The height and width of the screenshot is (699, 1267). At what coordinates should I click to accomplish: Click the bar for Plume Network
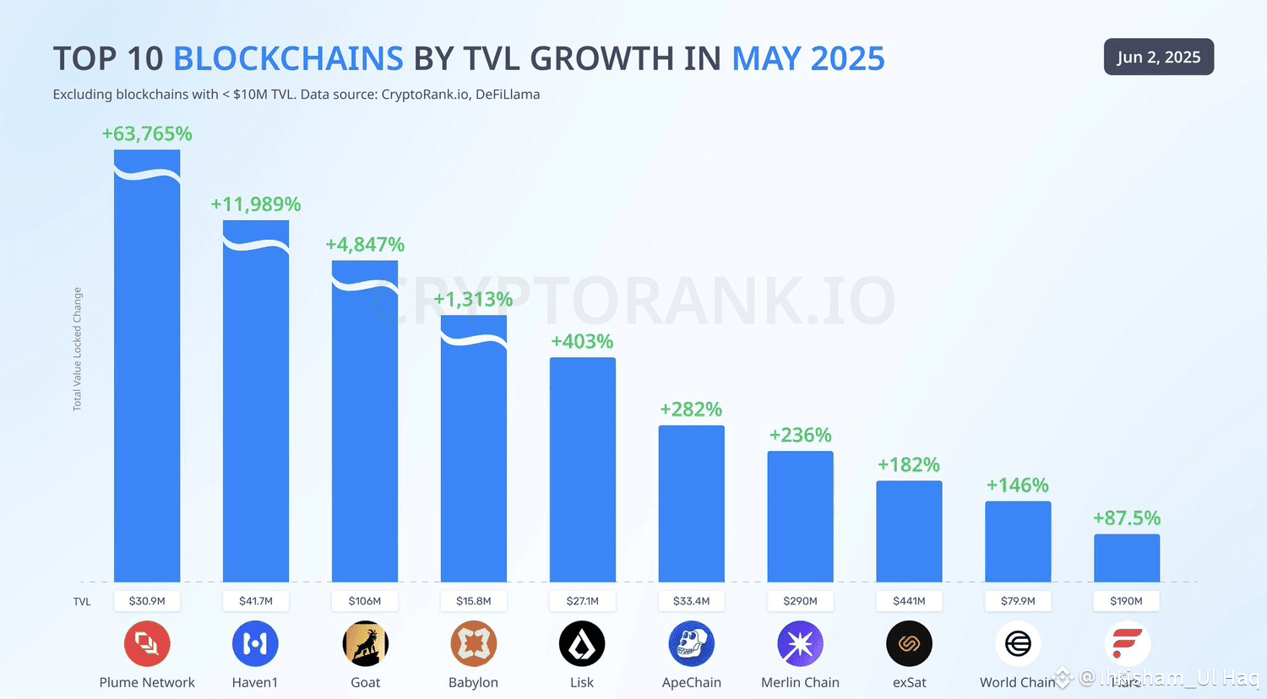click(147, 371)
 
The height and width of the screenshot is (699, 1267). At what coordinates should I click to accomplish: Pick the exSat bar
click(909, 531)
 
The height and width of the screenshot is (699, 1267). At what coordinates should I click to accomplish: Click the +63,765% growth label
click(147, 133)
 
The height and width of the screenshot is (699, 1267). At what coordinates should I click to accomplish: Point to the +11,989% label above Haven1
click(255, 204)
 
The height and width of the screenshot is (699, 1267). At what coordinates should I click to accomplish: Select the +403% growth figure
click(582, 342)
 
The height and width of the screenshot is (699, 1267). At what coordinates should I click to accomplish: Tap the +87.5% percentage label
click(1127, 518)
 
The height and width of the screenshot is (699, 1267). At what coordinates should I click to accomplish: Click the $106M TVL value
click(365, 601)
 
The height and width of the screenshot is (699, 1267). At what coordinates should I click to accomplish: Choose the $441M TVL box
click(909, 601)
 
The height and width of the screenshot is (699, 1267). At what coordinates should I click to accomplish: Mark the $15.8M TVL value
click(473, 601)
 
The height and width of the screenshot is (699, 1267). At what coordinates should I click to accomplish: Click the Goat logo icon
click(365, 644)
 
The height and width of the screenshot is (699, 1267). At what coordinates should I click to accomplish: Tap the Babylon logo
click(473, 644)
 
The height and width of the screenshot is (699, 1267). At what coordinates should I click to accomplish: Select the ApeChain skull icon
click(691, 644)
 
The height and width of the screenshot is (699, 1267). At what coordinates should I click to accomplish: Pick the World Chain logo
click(1018, 644)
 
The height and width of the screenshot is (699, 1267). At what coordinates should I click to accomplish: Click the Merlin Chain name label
click(800, 682)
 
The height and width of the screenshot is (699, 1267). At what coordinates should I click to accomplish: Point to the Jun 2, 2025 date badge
click(1158, 57)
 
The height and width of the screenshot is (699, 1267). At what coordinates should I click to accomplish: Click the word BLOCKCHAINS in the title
click(288, 58)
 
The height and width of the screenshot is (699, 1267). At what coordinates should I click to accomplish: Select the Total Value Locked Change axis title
click(78, 349)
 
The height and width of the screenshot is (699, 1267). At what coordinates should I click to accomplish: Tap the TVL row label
click(82, 601)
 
